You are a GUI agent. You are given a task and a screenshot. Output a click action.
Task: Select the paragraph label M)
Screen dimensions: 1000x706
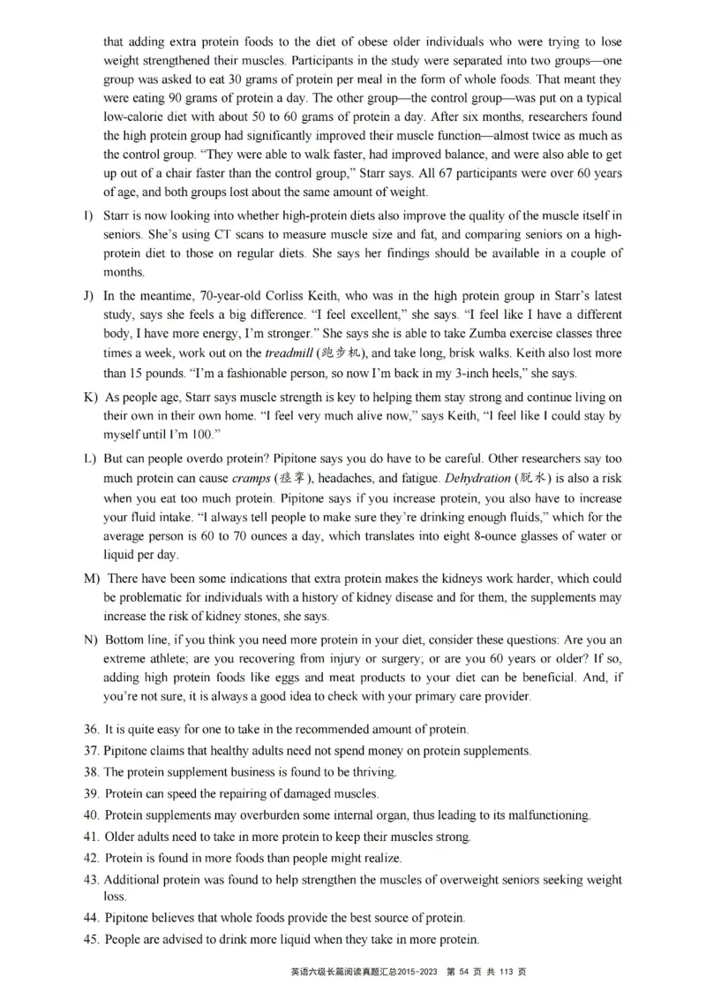pyautogui.click(x=91, y=579)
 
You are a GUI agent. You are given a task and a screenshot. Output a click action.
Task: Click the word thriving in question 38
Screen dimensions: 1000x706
pyautogui.click(x=373, y=772)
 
